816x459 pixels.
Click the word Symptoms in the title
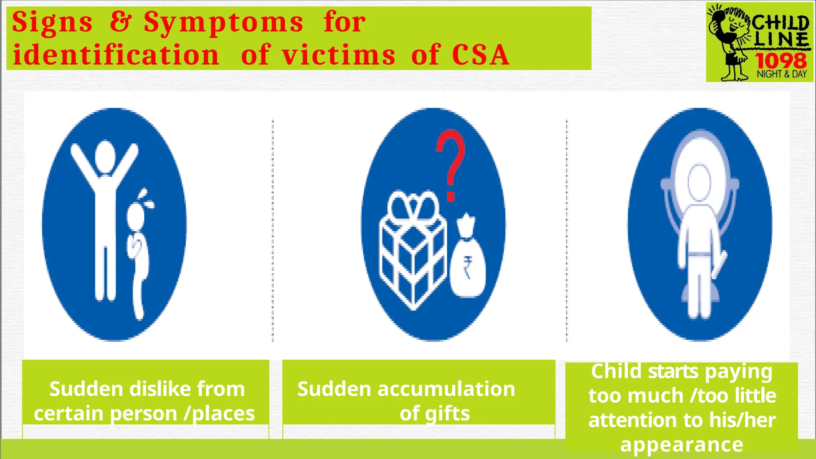[224, 22]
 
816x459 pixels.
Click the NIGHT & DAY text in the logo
[782, 74]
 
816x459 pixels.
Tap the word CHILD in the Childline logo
[780, 24]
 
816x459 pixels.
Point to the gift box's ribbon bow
[413, 206]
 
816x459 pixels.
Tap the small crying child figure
[138, 251]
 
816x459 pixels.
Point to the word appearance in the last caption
[682, 445]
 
